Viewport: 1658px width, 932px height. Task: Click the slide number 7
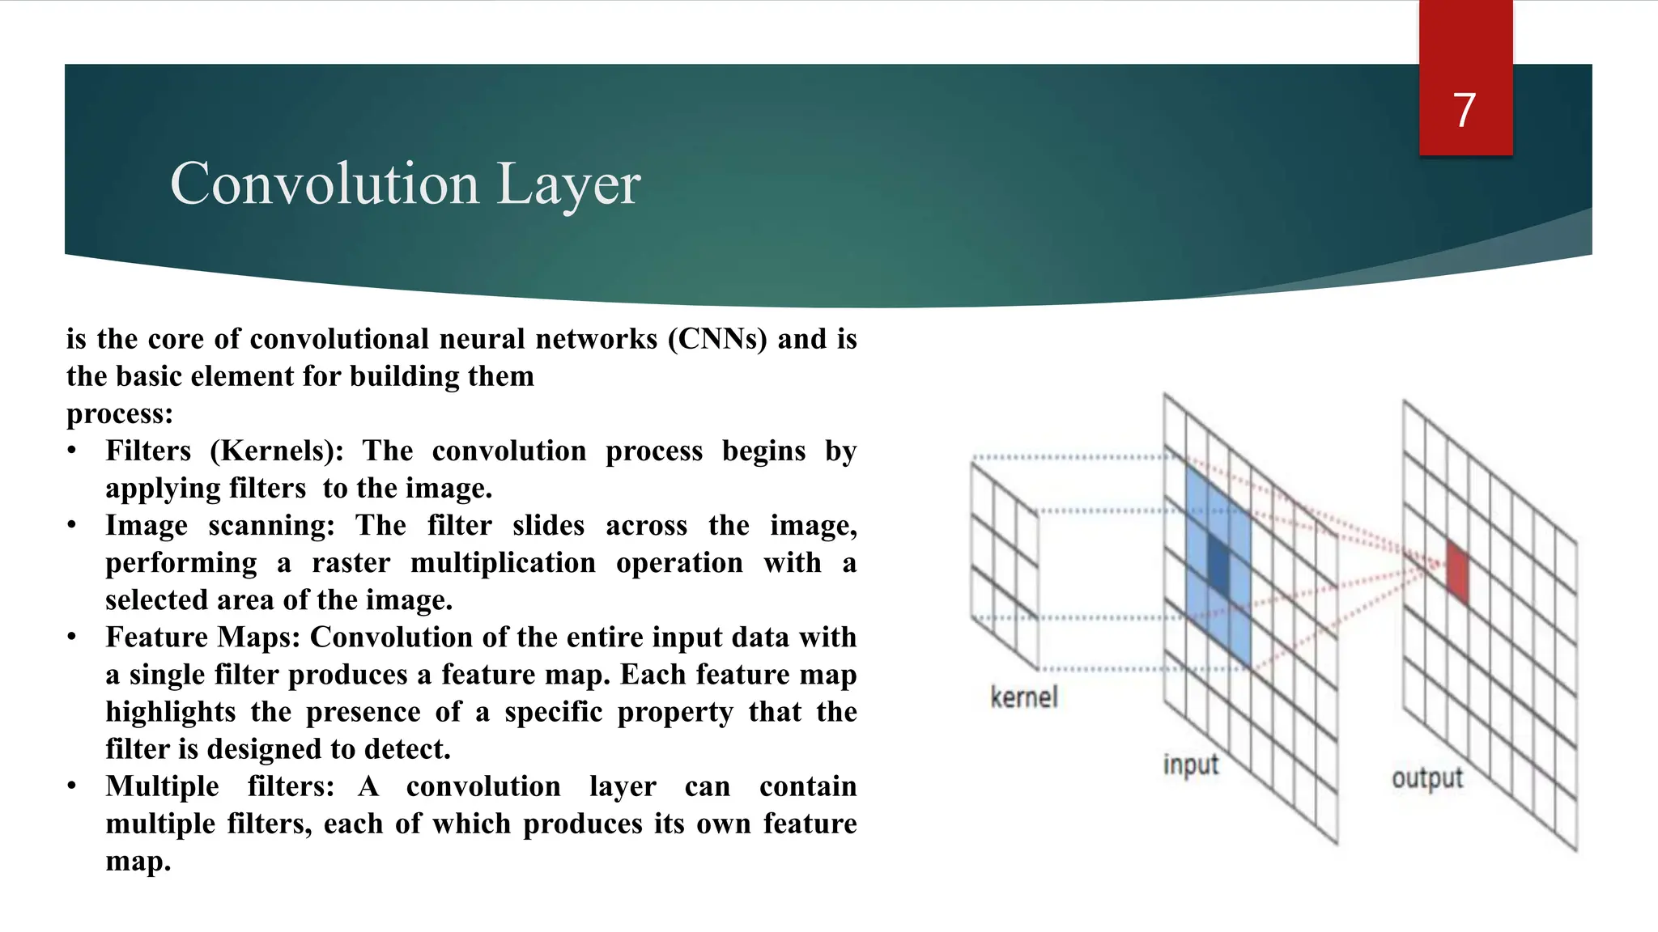[x=1464, y=110]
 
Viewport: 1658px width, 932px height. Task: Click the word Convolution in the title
[x=325, y=184]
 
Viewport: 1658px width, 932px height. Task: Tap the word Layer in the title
[x=568, y=185]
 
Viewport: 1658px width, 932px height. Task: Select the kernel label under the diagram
[x=1023, y=697]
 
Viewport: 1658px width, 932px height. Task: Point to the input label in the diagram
[x=1191, y=765]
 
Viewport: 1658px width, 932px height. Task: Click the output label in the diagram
[x=1427, y=778]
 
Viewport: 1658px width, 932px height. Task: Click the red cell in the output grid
[x=1457, y=571]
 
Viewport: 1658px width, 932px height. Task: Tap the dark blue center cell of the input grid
[x=1218, y=564]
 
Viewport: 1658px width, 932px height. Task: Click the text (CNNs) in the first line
[x=717, y=339]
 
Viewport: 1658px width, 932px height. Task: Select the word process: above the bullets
[x=120, y=413]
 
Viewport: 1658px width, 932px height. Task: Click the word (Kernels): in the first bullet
[x=277, y=451]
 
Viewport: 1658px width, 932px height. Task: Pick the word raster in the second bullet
[x=351, y=562]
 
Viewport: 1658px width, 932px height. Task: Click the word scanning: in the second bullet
[x=271, y=526]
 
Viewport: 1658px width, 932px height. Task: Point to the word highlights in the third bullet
[x=171, y=712]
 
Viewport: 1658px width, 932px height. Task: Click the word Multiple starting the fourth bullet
[x=162, y=786]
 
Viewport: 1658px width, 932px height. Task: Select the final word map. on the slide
[x=138, y=861]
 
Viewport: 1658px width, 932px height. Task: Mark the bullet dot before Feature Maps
[x=72, y=638]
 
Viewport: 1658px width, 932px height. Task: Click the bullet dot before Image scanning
[x=72, y=526]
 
